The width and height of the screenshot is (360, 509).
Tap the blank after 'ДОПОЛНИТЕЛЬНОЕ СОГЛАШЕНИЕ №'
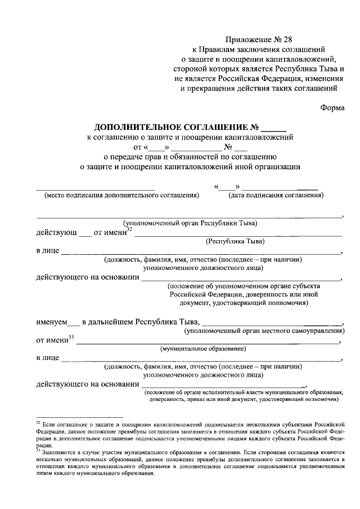click(x=274, y=127)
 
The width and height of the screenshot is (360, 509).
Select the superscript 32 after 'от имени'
click(x=129, y=229)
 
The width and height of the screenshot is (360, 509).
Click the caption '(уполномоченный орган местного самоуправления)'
click(x=265, y=331)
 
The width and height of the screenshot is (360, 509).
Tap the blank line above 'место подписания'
click(x=96, y=189)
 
